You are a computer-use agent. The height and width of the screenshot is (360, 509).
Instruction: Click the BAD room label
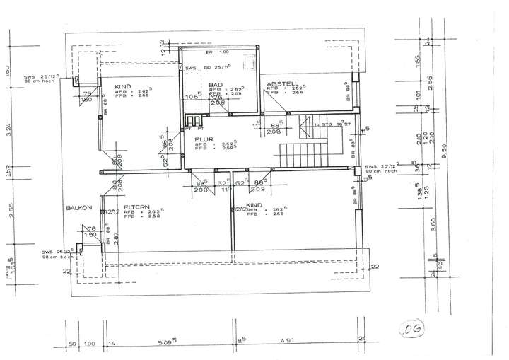(x=217, y=85)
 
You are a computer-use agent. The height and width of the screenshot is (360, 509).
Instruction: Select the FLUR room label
(x=204, y=139)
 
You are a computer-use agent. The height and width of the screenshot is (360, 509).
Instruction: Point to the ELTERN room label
(x=135, y=207)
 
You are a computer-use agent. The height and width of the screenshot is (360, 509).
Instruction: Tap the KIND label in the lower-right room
(x=255, y=205)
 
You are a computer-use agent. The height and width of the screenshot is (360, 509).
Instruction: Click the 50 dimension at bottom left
(x=72, y=344)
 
